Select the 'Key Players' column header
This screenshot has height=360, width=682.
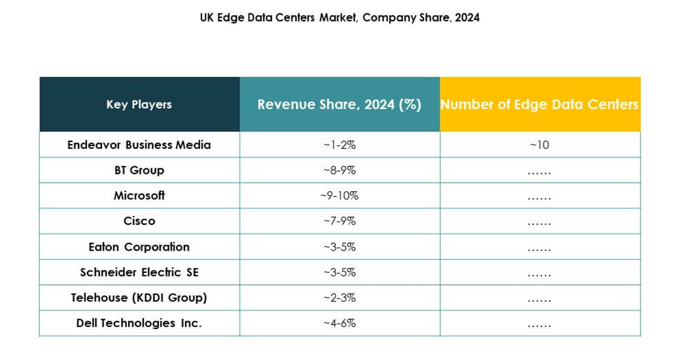coord(139,105)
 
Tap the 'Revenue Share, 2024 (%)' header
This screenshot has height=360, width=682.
coord(339,105)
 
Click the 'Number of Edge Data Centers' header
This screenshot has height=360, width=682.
coord(539,105)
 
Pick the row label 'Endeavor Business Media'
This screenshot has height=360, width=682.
coord(139,145)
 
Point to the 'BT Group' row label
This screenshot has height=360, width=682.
coord(139,170)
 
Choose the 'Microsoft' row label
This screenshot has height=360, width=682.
coord(139,195)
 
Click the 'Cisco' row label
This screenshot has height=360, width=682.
coord(139,221)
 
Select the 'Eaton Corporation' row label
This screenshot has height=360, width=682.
coord(139,247)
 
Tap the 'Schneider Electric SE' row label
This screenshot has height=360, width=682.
coord(139,272)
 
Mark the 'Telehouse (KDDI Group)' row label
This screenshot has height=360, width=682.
coord(139,298)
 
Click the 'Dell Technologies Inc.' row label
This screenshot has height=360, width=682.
coord(139,323)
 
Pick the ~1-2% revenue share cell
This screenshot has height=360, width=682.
coord(339,145)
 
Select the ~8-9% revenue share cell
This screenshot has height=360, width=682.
coord(339,170)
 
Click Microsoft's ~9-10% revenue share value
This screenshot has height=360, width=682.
coord(339,195)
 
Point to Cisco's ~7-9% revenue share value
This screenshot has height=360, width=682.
coord(339,221)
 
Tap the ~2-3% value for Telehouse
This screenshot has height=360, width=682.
coord(339,298)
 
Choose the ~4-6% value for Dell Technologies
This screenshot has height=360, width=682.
coord(339,323)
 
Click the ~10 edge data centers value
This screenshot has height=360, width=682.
coord(539,145)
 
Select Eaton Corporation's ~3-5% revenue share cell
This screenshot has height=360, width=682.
coord(339,247)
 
